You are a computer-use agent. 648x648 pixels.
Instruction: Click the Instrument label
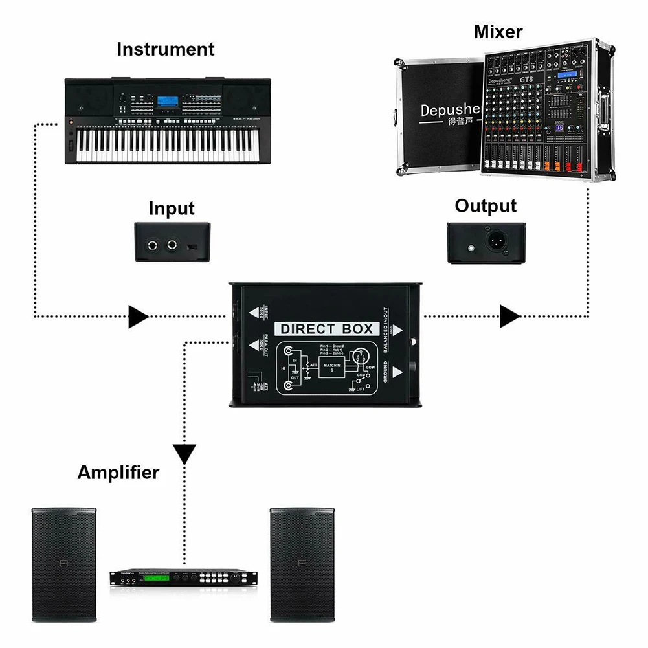165,49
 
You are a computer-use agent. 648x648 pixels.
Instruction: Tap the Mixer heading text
498,31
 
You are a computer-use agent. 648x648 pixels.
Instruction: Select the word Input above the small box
172,208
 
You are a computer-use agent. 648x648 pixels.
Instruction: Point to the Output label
486,206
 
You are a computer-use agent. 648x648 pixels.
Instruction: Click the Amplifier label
118,472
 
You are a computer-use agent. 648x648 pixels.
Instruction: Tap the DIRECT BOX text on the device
327,329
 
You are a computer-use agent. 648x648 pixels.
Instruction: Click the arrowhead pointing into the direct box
138,317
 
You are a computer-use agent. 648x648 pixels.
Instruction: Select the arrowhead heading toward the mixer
510,317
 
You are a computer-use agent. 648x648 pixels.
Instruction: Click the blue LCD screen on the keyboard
166,103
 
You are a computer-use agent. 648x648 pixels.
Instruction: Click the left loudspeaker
64,563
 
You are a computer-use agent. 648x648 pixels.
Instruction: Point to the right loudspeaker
302,563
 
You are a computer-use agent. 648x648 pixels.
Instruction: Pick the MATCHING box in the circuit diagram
333,368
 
